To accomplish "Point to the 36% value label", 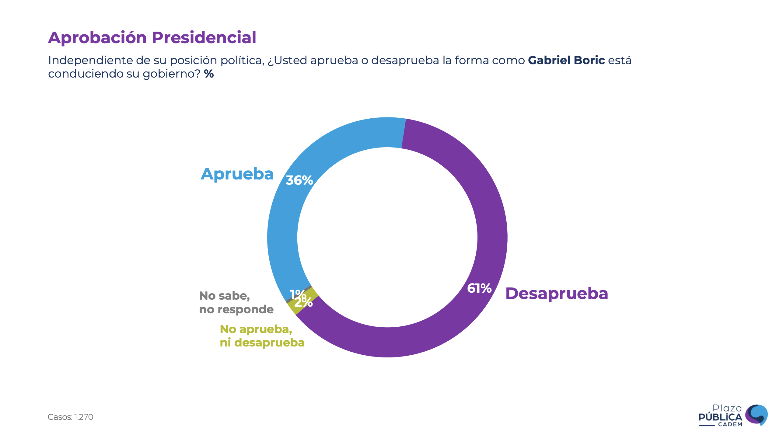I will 299,180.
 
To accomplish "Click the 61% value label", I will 479,288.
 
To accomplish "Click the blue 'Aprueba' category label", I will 237,174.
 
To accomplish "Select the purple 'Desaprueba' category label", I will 557,294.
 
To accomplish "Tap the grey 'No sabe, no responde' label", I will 236,302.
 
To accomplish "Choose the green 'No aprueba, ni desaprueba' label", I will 262,336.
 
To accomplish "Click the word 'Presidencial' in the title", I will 204,37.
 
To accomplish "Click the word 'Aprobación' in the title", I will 97,37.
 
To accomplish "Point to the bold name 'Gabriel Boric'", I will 566,60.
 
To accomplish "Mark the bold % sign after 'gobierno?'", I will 209,74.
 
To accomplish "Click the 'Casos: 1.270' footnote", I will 70,417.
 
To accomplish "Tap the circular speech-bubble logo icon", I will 757,414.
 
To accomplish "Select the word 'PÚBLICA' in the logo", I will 720,417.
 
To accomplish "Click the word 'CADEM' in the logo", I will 730,424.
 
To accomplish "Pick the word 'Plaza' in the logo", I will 727,408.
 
